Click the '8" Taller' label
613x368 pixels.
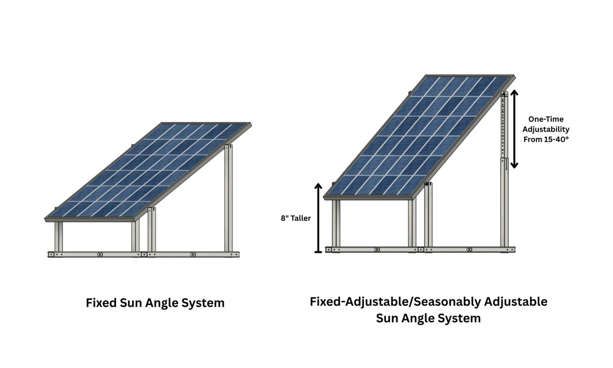coord(296,218)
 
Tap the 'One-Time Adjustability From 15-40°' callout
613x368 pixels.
coord(546,129)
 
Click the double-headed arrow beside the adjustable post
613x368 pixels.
coord(514,129)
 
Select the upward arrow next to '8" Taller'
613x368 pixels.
coord(318,218)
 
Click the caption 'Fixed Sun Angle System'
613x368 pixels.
coord(155,303)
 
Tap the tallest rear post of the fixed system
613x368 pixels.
coord(228,198)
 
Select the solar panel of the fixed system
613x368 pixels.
coord(148,172)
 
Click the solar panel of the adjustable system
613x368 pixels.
coord(420,137)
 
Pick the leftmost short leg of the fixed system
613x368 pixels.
coord(58,236)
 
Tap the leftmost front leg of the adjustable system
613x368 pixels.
coord(336,223)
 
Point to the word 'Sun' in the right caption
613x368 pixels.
coord(387,318)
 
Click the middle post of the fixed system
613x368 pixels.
coord(152,230)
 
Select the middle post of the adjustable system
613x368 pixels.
coord(428,215)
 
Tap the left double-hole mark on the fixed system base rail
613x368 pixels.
coord(100,255)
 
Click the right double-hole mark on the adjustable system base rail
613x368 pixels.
coord(469,250)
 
